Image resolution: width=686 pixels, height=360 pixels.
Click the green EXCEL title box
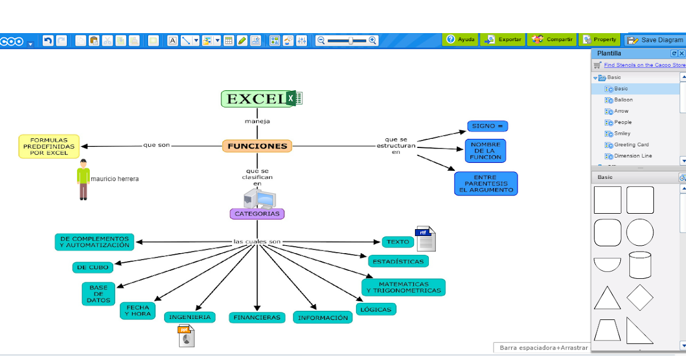(254, 99)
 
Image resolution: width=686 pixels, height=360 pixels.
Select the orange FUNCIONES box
(257, 146)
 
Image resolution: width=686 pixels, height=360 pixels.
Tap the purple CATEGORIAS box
(257, 214)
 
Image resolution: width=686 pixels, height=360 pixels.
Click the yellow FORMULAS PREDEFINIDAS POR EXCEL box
(49, 146)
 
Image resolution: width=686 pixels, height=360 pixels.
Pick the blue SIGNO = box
(487, 126)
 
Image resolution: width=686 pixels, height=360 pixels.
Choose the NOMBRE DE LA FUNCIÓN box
(485, 151)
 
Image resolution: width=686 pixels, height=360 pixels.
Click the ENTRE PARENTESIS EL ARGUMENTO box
(485, 183)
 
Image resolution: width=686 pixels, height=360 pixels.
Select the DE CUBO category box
(92, 267)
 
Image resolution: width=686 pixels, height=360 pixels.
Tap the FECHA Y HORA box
(137, 310)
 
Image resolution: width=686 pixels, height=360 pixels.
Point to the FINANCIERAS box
(257, 317)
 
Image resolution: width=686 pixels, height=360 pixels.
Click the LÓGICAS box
(376, 309)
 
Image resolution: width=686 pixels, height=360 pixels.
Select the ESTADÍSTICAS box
(398, 261)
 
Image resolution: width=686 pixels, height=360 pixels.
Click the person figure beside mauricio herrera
(83, 179)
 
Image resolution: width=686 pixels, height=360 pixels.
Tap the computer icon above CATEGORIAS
(260, 198)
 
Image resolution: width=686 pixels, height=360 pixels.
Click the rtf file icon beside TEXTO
(425, 239)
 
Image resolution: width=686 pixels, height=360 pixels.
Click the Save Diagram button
(656, 40)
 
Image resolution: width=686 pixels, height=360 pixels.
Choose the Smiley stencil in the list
(622, 133)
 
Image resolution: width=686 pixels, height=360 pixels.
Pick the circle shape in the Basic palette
(640, 233)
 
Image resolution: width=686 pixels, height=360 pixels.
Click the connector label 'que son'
(157, 145)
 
